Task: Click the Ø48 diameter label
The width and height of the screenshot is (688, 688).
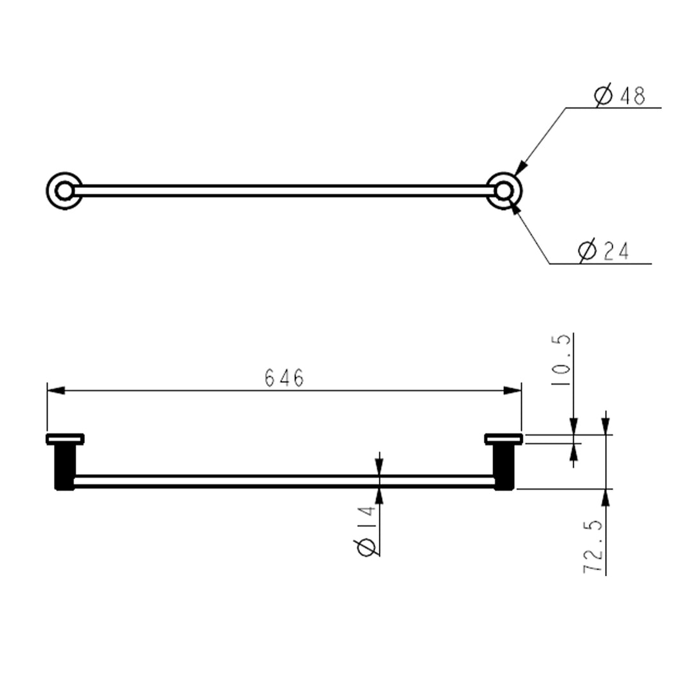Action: coord(620,96)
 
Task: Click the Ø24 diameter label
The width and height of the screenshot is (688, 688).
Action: coord(603,251)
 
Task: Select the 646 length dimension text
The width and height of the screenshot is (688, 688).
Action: coord(284,378)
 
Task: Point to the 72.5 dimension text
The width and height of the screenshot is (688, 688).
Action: coord(593,547)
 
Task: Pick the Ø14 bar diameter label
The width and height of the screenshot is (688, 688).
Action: coord(366,529)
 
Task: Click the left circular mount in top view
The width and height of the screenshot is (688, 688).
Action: coord(64,190)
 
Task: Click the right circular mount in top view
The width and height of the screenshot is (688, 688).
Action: coord(504,190)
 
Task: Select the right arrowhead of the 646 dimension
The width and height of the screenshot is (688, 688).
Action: coord(513,390)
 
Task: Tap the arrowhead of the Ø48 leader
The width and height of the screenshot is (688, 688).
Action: coord(519,169)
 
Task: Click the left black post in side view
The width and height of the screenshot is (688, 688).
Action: coord(64,467)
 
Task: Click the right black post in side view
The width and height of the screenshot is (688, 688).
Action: coord(504,467)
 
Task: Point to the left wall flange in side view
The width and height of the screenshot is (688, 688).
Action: coord(65,438)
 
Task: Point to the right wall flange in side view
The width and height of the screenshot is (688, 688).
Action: coord(503,438)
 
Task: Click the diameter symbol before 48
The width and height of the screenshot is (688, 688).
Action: coord(603,96)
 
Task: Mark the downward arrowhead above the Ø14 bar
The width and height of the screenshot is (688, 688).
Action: coord(380,467)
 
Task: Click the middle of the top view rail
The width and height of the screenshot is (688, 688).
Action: coord(284,190)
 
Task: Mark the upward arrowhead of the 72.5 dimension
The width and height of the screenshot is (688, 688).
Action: coord(605,497)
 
